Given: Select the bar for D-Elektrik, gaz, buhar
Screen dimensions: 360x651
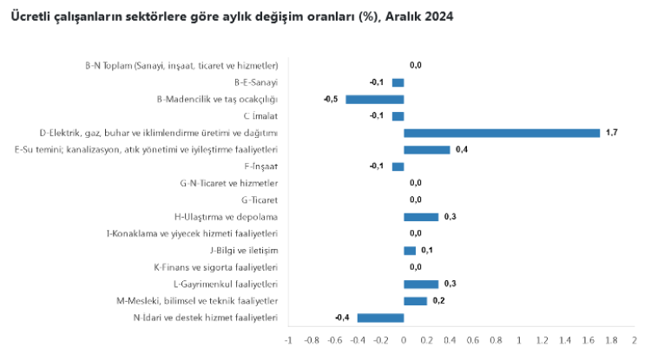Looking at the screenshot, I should click(x=502, y=133).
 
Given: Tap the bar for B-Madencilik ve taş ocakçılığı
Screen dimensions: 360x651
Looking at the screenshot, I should click(x=374, y=99).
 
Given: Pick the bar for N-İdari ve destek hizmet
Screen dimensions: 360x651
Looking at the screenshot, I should click(x=380, y=317).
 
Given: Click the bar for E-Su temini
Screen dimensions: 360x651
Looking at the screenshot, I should click(x=426, y=149).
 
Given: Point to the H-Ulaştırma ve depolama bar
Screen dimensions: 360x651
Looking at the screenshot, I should click(x=421, y=217).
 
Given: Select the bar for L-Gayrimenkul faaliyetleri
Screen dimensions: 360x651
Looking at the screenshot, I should click(x=421, y=284).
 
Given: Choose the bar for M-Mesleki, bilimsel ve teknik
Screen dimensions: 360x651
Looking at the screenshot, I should click(x=415, y=301).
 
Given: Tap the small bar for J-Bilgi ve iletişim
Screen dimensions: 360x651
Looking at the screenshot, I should click(x=410, y=251).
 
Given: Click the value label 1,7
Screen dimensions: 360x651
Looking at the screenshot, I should click(x=611, y=133).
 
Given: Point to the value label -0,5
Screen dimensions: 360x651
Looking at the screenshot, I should click(x=330, y=99).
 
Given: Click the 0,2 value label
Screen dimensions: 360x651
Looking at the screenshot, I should click(x=438, y=301).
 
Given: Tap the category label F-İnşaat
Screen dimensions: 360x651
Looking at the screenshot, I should click(x=261, y=167).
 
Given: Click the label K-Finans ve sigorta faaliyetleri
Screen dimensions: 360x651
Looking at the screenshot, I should click(x=215, y=267).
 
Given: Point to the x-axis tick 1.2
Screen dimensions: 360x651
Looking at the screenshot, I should click(x=542, y=341).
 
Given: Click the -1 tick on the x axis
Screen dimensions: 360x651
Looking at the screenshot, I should click(x=287, y=341).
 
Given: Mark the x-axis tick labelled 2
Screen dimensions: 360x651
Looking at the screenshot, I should click(x=635, y=341).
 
